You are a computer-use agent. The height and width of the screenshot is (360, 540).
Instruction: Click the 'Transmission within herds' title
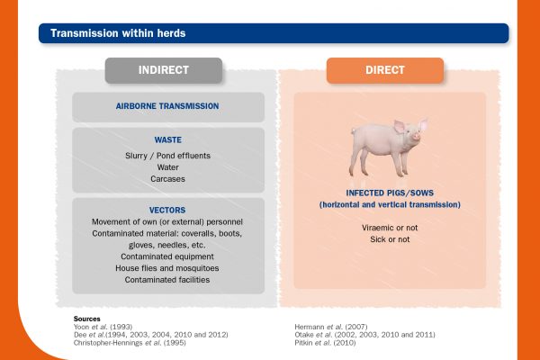(118, 33)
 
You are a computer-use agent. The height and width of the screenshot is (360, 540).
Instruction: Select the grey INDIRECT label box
(164, 70)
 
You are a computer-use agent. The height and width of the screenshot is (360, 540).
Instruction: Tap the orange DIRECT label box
(385, 70)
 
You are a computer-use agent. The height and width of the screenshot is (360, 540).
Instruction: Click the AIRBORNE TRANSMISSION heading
(167, 106)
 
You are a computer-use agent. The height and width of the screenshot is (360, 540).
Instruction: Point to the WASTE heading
(167, 139)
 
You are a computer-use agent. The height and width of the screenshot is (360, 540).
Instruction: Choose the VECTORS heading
(167, 210)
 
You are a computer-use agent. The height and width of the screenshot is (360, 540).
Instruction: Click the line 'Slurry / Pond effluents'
(167, 156)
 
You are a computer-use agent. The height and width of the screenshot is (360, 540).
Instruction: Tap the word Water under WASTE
(167, 167)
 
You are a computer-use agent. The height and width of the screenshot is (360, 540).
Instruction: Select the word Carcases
(167, 179)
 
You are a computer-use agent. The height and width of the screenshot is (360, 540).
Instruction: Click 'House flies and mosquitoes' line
(167, 268)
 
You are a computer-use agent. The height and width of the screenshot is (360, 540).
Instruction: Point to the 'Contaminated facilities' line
(167, 280)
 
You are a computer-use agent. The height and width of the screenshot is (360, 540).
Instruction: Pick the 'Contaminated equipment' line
(167, 256)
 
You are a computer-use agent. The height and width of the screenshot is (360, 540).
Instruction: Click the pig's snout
(417, 136)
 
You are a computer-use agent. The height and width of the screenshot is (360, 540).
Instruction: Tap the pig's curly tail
(353, 130)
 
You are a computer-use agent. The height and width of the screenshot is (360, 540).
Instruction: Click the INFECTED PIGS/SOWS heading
(390, 193)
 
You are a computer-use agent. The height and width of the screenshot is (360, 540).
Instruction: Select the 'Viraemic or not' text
(390, 228)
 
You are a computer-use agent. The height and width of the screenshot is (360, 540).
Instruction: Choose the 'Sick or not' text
(390, 239)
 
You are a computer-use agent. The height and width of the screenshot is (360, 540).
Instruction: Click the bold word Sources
(86, 319)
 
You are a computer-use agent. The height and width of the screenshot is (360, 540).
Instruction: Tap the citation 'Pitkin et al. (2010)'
(325, 343)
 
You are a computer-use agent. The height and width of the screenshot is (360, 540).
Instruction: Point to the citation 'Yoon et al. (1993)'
(103, 327)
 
